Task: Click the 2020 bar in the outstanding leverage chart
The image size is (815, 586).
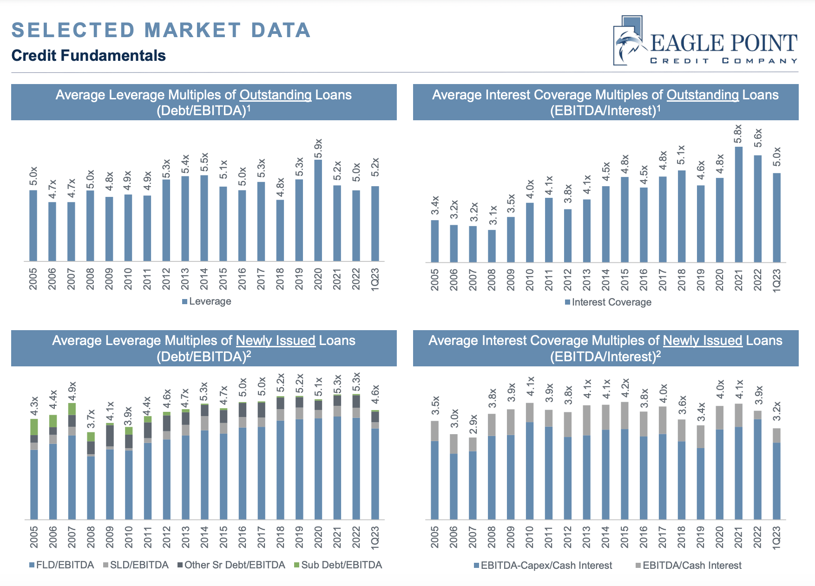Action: point(318,211)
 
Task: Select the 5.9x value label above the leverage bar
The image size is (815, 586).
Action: point(318,148)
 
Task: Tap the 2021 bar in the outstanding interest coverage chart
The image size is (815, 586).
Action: point(738,204)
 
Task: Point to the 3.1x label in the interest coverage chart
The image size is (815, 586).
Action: point(493,215)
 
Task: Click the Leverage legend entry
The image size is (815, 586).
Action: point(207,301)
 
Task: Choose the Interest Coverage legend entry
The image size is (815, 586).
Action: point(608,302)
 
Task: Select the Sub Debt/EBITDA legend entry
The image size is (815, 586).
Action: point(338,565)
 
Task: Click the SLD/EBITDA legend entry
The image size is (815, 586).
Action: point(136,565)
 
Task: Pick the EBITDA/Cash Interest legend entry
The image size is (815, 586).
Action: point(689,566)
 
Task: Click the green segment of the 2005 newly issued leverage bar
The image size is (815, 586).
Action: point(34,427)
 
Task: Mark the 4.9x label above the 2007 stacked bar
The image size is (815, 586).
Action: point(72,391)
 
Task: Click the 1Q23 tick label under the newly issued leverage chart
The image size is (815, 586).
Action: point(375,538)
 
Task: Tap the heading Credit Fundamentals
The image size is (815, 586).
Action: point(88,56)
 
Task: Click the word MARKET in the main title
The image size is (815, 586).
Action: point(193,31)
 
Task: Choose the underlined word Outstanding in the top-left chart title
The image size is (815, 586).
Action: point(275,95)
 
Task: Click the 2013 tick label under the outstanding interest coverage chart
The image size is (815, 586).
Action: point(586,280)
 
